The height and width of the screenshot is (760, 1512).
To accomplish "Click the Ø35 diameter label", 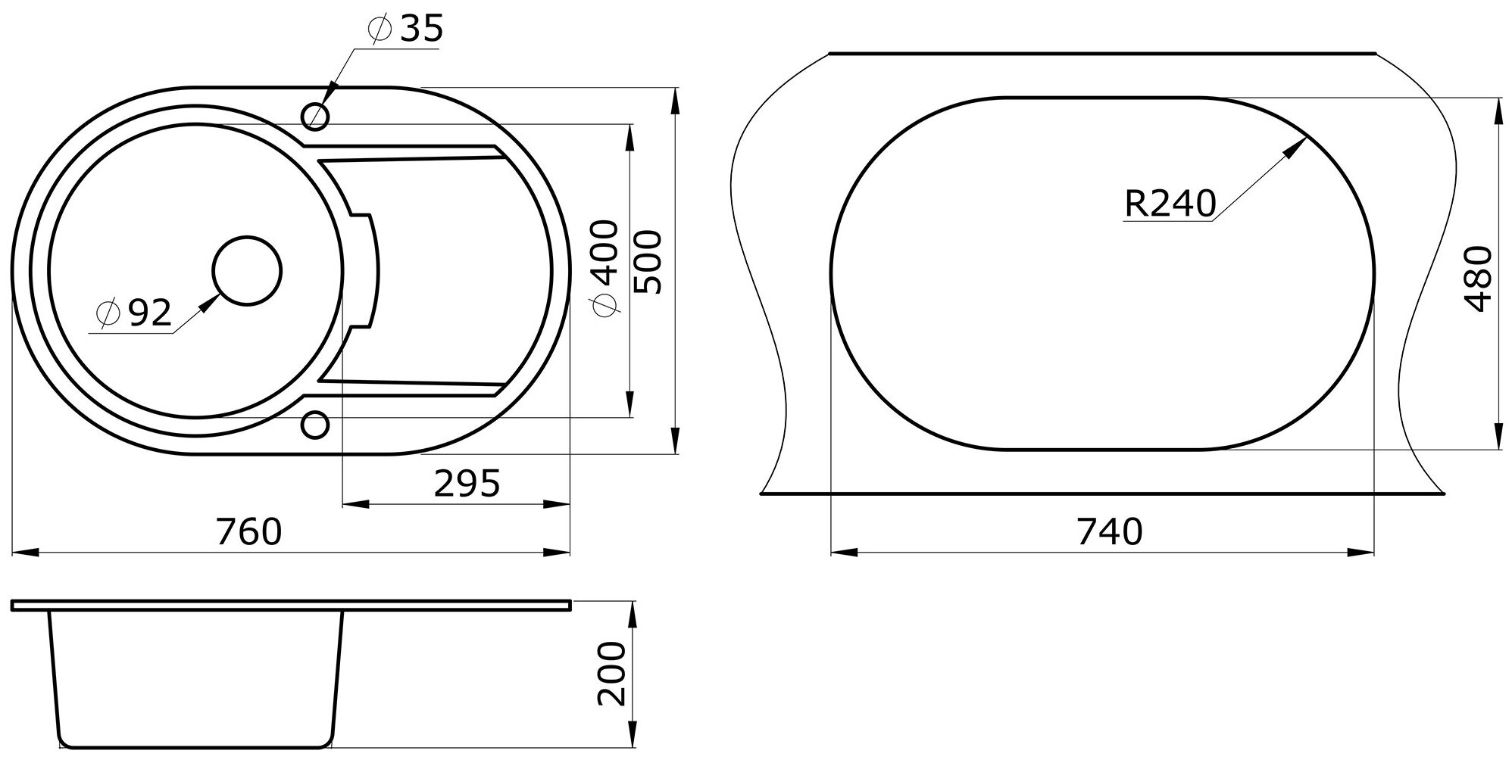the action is coord(404,30).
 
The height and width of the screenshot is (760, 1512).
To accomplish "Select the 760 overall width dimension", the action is coord(249,531).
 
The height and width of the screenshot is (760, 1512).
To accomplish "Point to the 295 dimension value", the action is coord(467,484).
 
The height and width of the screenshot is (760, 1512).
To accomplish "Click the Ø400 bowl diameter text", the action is coord(606,270).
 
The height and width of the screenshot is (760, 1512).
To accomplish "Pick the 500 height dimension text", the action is coord(648,262).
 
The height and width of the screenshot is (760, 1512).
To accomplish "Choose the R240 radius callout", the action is coord(1170,203).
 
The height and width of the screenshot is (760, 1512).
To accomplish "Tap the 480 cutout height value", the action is coord(1478,279).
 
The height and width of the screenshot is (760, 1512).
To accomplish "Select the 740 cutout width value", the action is coord(1109,532).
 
